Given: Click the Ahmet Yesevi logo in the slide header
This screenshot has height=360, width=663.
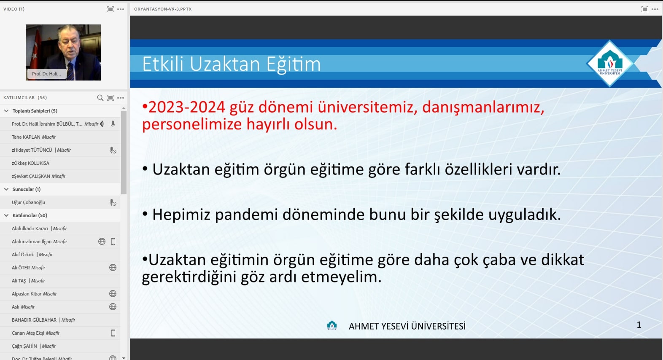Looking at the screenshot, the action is pyautogui.click(x=610, y=64).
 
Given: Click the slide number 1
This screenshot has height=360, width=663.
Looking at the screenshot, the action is pyautogui.click(x=639, y=325).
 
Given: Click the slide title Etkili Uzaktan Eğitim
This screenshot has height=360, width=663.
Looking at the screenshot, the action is pyautogui.click(x=232, y=64).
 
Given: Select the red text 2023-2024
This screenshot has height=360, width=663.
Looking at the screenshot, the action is pyautogui.click(x=186, y=107).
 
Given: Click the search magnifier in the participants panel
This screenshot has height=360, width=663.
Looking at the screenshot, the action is pyautogui.click(x=100, y=98).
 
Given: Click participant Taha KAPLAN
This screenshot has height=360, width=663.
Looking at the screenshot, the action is pyautogui.click(x=26, y=137).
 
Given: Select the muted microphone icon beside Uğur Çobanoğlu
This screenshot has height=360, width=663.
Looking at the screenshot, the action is pyautogui.click(x=113, y=203).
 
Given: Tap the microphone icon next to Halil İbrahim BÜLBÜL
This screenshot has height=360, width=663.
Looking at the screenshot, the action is pyautogui.click(x=113, y=124).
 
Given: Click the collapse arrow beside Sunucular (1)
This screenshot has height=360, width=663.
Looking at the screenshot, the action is pyautogui.click(x=6, y=189).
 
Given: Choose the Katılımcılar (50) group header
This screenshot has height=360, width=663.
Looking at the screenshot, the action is pyautogui.click(x=30, y=215).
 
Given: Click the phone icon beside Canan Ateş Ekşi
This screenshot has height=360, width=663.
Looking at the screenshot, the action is pyautogui.click(x=113, y=333).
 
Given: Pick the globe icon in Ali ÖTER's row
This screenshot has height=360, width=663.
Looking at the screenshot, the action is pyautogui.click(x=113, y=268).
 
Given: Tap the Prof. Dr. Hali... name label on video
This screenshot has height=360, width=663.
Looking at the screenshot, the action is pyautogui.click(x=46, y=74).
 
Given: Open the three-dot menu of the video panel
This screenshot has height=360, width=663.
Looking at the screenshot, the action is pyautogui.click(x=121, y=9).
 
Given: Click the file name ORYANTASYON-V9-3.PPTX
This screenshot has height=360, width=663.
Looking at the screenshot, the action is pyautogui.click(x=163, y=9).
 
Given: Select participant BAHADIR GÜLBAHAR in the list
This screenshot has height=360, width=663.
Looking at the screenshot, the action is pyautogui.click(x=34, y=320).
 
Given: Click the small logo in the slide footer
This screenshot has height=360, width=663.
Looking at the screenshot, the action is pyautogui.click(x=332, y=325).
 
